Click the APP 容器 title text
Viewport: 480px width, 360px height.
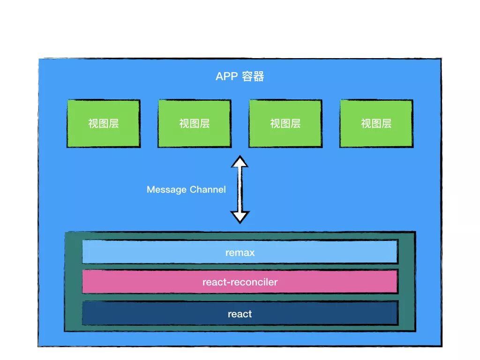click(x=240, y=76)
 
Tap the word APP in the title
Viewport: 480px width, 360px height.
click(x=227, y=76)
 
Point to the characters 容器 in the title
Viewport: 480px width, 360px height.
click(x=253, y=76)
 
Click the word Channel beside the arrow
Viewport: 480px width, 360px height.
click(x=208, y=190)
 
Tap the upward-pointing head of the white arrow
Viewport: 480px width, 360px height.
click(x=240, y=162)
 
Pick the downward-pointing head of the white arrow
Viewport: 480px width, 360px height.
click(x=240, y=217)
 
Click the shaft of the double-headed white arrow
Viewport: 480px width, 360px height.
click(x=240, y=189)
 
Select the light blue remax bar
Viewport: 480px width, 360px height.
click(x=141, y=252)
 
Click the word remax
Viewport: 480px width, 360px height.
click(x=240, y=253)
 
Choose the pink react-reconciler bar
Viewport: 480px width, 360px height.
click(x=141, y=282)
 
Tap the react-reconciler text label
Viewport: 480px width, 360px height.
click(x=240, y=282)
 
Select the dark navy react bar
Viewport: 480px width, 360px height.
click(x=141, y=313)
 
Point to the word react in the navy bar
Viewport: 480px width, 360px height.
click(x=240, y=314)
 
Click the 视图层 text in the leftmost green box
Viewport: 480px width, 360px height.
click(x=104, y=124)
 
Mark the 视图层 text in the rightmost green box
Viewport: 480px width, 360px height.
click(x=376, y=124)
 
